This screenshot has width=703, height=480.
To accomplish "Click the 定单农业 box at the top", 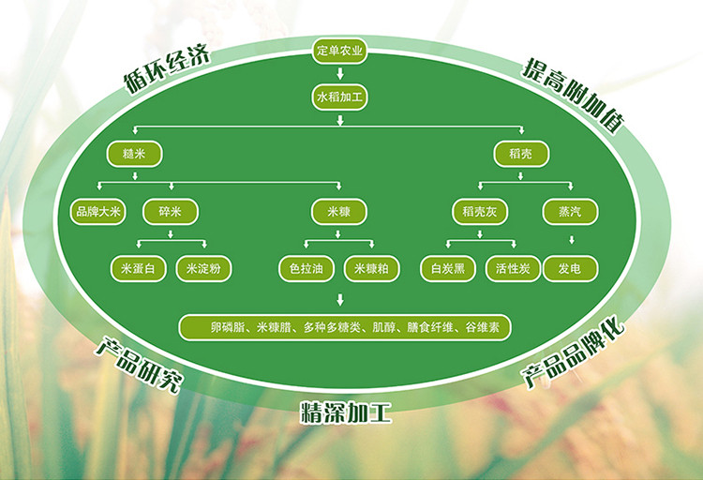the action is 340,51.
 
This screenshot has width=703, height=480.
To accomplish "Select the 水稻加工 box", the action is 340,97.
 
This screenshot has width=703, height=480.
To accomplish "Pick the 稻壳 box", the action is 520,154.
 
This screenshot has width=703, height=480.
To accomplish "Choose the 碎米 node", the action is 170,211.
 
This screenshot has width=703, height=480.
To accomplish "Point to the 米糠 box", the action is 338,211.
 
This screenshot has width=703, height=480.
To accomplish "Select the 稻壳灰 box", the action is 479,211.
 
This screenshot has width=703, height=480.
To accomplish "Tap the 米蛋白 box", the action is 138,269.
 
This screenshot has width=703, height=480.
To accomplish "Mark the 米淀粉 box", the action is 202,269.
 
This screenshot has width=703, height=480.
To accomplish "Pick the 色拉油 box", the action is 307,269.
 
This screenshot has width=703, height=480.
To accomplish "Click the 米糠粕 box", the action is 371,269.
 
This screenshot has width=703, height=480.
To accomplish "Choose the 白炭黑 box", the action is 447,269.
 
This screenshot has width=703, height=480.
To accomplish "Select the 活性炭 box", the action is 513,269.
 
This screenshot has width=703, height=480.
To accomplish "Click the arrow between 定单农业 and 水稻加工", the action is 340,73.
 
